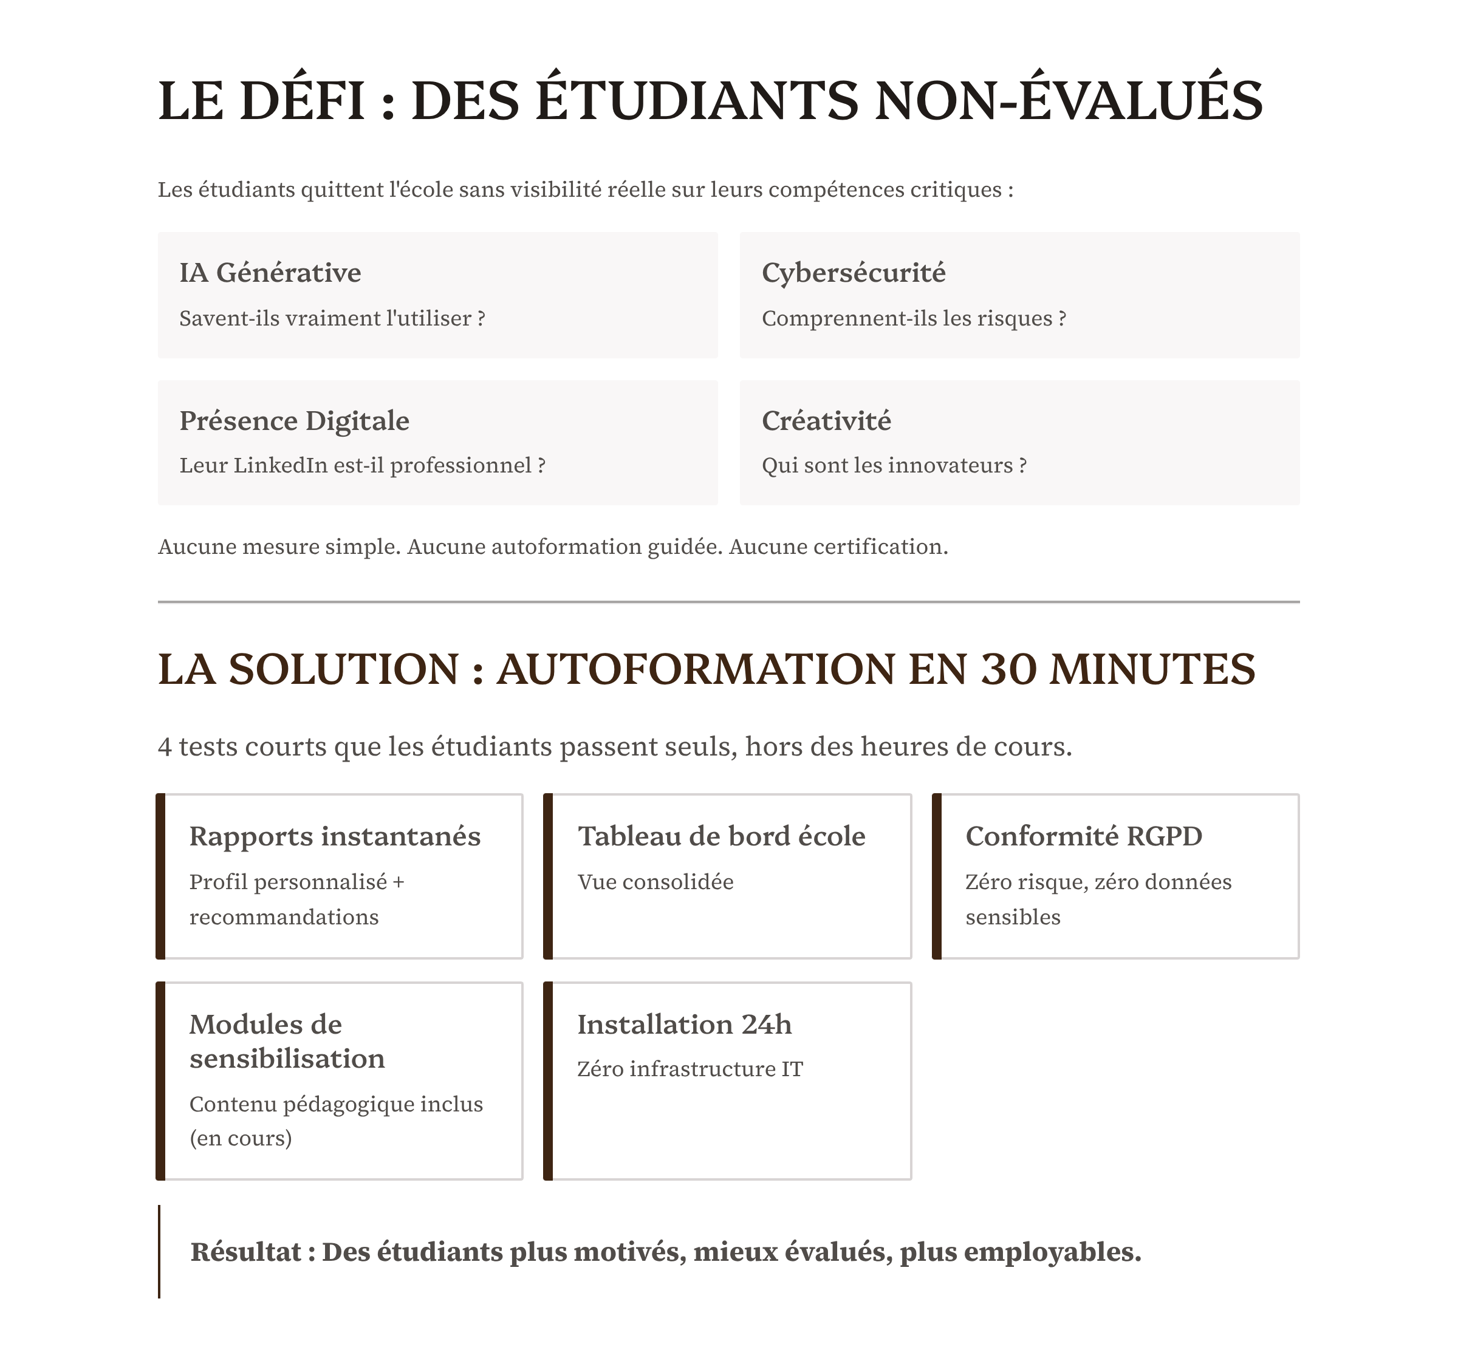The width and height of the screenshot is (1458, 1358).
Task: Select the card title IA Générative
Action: (x=270, y=273)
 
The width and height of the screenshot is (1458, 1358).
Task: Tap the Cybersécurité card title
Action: (x=853, y=273)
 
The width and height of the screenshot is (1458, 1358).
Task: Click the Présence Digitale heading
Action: (x=294, y=421)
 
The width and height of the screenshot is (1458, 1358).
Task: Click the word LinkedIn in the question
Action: (x=280, y=466)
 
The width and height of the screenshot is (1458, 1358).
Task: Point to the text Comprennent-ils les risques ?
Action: (x=913, y=318)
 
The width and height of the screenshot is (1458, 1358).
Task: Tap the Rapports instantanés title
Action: (x=335, y=836)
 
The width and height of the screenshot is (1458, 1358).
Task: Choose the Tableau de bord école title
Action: (x=721, y=836)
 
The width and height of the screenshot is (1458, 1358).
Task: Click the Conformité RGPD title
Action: (x=1083, y=836)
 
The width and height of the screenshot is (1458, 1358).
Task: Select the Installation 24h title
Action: (x=683, y=1025)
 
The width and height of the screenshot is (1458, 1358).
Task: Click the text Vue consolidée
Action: (x=655, y=881)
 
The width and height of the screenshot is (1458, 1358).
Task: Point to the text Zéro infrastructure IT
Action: (x=690, y=1069)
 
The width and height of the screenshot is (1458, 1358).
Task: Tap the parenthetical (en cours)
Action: (x=241, y=1138)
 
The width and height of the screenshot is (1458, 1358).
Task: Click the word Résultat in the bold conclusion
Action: (x=245, y=1252)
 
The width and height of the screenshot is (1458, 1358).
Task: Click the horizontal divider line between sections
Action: (x=728, y=602)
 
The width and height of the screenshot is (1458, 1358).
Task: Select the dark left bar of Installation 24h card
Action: (x=548, y=1081)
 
